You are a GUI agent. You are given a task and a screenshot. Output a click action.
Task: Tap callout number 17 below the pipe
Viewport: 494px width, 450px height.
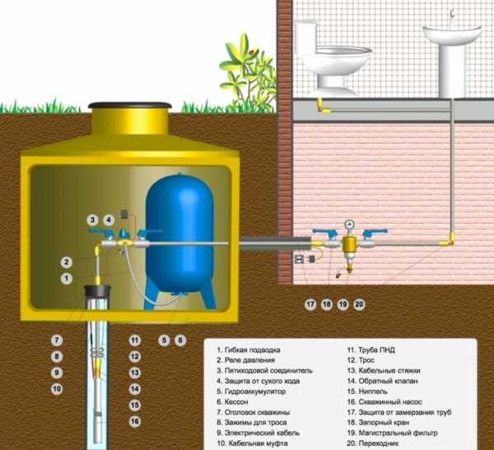point(310,304)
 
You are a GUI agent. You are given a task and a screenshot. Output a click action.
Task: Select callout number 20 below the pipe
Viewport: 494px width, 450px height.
point(359,304)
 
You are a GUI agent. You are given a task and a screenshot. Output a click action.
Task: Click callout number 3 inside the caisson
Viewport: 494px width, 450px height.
point(93,220)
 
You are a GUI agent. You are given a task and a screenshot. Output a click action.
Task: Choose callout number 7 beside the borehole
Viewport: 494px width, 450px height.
point(57,340)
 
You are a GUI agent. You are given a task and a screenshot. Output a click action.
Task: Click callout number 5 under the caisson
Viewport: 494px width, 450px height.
point(164,340)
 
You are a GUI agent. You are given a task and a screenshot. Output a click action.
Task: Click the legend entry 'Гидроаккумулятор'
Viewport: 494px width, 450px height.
point(255,392)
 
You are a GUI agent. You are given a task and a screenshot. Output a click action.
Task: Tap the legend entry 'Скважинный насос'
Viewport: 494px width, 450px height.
point(392,392)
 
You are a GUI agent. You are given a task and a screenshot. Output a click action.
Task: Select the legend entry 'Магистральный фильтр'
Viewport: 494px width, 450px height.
point(398,433)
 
